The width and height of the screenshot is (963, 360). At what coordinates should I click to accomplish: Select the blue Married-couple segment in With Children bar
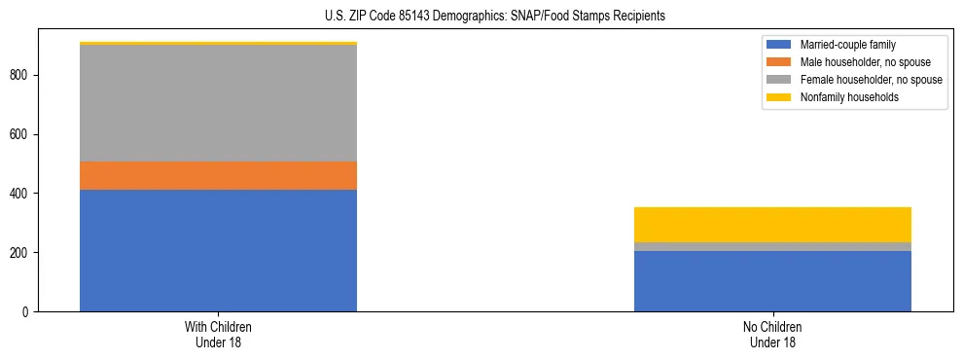click(218, 250)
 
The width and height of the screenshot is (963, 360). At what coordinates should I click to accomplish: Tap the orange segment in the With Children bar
click(218, 175)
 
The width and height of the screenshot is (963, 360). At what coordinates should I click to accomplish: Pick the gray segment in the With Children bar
click(218, 103)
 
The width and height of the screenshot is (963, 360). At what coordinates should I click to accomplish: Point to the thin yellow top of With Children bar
click(218, 44)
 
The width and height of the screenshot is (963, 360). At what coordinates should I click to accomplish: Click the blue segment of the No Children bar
click(772, 281)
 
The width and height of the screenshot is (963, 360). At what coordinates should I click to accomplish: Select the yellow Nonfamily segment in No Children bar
click(772, 225)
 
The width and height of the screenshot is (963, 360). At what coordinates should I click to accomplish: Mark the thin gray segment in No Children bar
click(772, 246)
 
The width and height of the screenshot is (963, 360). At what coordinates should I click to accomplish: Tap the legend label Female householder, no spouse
click(871, 80)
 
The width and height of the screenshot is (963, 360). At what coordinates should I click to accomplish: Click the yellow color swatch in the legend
click(779, 97)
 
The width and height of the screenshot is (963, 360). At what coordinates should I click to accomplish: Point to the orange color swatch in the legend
click(779, 62)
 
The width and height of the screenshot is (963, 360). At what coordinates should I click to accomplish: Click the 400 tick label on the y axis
click(21, 194)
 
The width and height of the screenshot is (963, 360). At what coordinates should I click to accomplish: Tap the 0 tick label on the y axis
click(27, 311)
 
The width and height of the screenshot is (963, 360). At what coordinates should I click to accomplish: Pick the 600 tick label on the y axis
click(21, 134)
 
